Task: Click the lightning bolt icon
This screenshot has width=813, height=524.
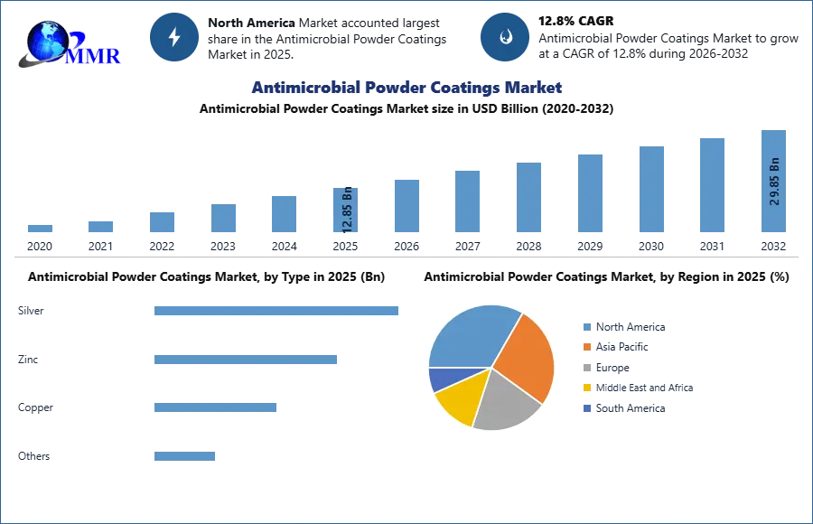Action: point(174,37)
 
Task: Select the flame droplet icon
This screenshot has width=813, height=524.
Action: point(505,37)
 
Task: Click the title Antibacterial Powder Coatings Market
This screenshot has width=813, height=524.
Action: point(405,88)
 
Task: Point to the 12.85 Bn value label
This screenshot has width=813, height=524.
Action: point(348,210)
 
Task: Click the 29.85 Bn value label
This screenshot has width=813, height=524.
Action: point(774,182)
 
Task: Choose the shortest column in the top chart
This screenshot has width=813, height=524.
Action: point(39,230)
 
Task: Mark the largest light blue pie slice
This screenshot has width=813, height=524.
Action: point(470,334)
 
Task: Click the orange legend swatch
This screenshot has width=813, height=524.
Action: point(586,347)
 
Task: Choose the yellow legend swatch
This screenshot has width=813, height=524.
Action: point(586,389)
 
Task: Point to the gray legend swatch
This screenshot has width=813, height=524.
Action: point(586,369)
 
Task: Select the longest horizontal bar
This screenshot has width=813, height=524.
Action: point(277,311)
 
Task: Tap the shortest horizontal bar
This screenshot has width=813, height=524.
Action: point(183,455)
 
